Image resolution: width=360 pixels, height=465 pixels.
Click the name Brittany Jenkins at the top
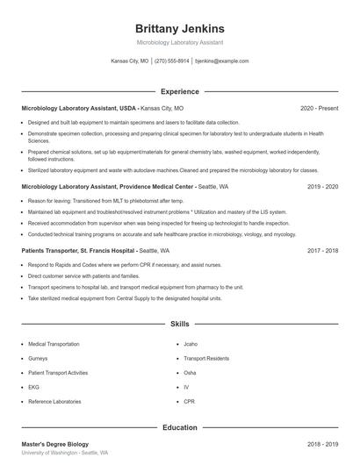(x=179, y=28)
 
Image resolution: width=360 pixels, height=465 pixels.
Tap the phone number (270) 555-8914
(x=171, y=61)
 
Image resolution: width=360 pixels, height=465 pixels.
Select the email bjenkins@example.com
(x=221, y=61)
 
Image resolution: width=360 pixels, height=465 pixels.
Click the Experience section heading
(x=179, y=91)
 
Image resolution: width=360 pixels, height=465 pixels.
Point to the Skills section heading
(x=179, y=324)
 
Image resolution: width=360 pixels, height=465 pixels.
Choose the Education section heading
(x=179, y=427)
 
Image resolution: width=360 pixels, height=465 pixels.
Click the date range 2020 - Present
(x=319, y=108)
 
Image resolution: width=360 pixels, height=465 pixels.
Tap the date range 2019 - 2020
(x=322, y=187)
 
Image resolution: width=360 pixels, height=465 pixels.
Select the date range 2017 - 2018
(x=322, y=250)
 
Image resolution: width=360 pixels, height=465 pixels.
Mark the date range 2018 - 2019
(x=322, y=445)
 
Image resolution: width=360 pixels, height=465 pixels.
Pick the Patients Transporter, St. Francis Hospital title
(x=89, y=250)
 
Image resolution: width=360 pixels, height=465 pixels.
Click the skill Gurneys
(x=40, y=358)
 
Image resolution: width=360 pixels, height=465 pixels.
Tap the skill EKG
(x=34, y=386)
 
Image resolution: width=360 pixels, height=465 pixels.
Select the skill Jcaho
(x=191, y=344)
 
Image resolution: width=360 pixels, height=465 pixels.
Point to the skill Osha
(x=190, y=372)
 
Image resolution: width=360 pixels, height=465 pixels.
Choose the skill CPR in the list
(x=189, y=400)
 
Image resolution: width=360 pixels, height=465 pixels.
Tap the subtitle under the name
(x=179, y=42)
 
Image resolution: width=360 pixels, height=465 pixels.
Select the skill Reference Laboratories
(x=55, y=400)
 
